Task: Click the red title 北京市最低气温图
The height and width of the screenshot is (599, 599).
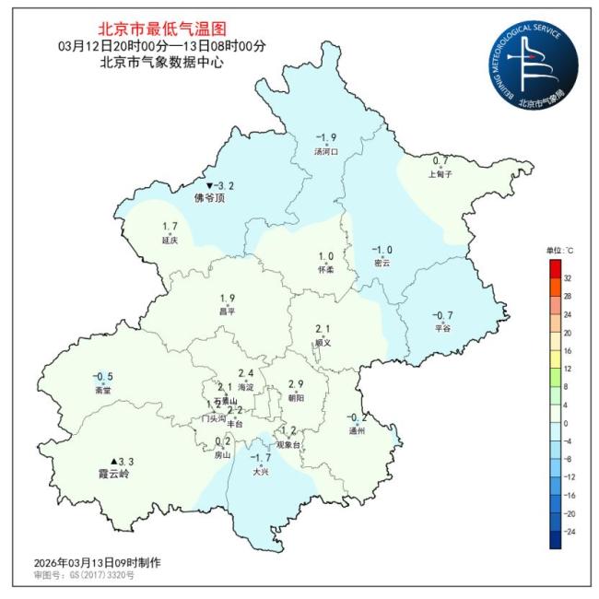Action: click(x=161, y=30)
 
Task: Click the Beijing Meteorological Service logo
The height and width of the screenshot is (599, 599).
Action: click(x=532, y=65)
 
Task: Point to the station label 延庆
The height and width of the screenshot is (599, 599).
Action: click(x=170, y=241)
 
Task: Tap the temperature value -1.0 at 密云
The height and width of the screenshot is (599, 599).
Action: click(x=382, y=250)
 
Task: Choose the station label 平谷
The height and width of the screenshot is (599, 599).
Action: click(x=443, y=328)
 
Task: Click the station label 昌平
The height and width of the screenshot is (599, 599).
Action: click(x=228, y=311)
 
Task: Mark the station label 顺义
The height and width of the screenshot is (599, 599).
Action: click(x=323, y=342)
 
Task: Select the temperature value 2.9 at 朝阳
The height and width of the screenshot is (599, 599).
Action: click(x=296, y=383)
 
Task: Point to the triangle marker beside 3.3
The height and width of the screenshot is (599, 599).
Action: click(x=114, y=461)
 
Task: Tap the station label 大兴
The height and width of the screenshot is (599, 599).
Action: click(x=262, y=472)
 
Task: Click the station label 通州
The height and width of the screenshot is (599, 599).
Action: click(x=358, y=430)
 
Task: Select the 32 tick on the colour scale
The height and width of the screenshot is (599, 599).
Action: click(x=568, y=276)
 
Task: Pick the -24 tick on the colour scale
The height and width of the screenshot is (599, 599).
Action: click(x=569, y=531)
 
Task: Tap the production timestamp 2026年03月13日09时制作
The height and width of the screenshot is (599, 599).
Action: click(x=84, y=562)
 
